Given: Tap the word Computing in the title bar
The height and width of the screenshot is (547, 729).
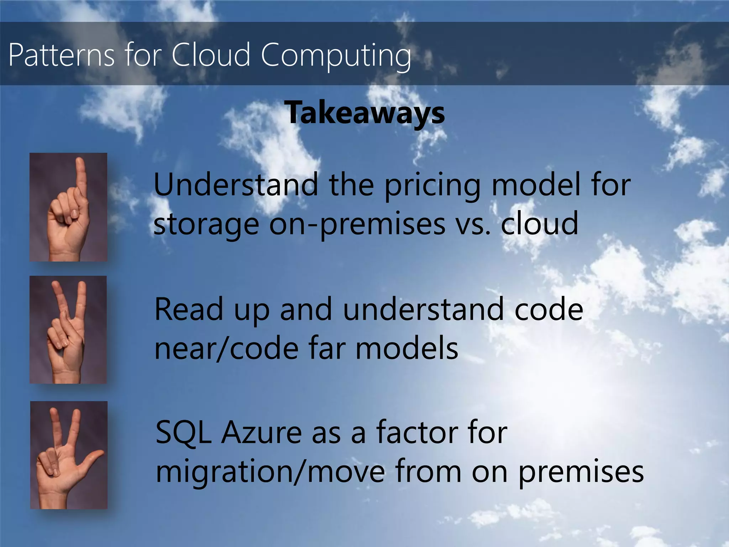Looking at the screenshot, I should [336, 56].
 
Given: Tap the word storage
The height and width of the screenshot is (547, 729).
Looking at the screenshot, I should [206, 224].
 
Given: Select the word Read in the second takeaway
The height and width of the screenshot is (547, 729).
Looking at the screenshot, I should [189, 309].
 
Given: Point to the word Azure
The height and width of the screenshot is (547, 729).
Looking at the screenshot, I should [261, 432].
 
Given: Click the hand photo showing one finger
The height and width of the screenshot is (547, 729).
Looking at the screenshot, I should [68, 207].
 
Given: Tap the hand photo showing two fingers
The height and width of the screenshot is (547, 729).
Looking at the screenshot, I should [68, 330].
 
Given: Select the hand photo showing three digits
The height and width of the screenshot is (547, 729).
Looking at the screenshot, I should [69, 455].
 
